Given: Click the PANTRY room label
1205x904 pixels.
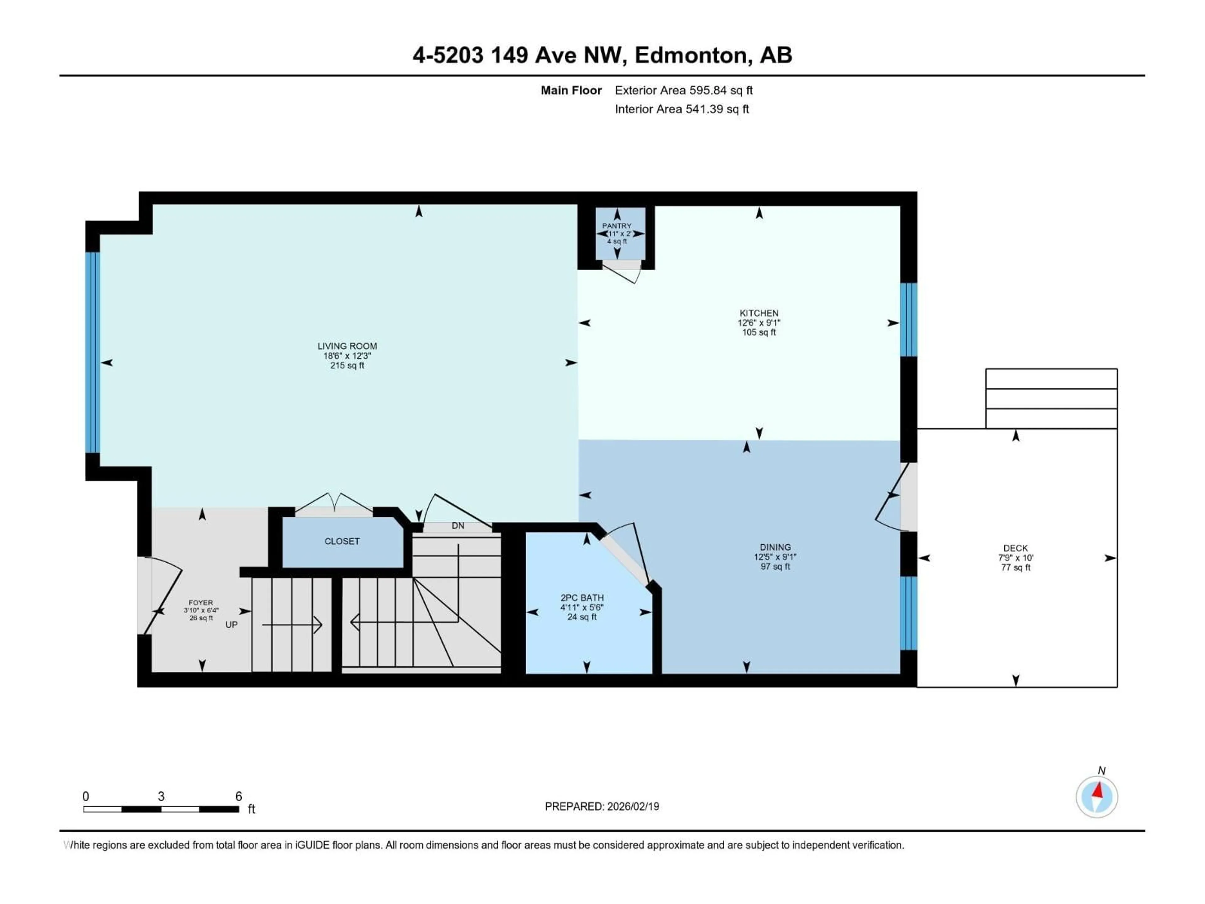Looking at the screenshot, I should (x=617, y=226).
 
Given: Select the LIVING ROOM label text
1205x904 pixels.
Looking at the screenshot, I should (x=347, y=346).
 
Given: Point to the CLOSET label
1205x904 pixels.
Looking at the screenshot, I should (x=342, y=541).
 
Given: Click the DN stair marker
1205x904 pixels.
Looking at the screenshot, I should (x=458, y=526).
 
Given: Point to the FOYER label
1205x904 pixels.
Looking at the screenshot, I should (x=201, y=603).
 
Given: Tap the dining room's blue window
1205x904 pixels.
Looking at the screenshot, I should (x=908, y=613).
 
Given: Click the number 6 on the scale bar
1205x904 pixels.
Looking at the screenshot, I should (x=238, y=796).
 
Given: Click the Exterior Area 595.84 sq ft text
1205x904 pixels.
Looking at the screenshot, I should (x=684, y=90).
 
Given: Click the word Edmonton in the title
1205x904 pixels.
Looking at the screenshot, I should (x=690, y=55).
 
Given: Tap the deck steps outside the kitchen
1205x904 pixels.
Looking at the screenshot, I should (x=1051, y=398).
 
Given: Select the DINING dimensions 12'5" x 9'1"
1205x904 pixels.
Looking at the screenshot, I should (x=775, y=557).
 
